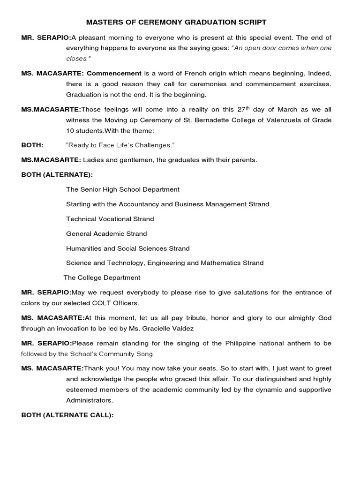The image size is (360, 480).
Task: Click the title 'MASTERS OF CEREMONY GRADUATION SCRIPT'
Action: tap(170, 22)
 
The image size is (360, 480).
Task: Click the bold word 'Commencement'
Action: tap(114, 73)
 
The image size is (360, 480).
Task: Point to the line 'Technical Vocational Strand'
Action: tap(110, 219)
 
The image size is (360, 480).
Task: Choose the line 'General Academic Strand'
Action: tap(106, 233)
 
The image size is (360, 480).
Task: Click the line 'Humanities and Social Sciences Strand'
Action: tap(127, 248)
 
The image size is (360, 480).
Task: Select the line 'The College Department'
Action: tap(102, 277)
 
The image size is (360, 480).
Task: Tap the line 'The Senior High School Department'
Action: tap(122, 189)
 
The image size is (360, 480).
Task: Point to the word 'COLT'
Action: tap(100, 303)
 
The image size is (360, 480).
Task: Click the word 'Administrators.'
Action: tap(90, 401)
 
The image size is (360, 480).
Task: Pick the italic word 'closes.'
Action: tap(77, 59)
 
